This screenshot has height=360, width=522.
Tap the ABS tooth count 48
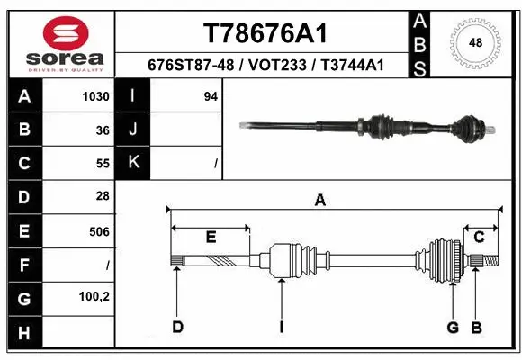coord(476,41)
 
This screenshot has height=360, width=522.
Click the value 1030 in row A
coord(96,96)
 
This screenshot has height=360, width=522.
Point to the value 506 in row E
coord(100,231)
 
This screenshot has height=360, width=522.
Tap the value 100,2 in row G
coord(94,297)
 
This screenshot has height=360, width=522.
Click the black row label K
coord(133,164)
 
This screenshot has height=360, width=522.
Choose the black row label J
coord(133,130)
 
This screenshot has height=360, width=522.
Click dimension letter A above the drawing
coord(319,201)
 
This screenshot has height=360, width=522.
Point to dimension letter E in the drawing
coord(211,238)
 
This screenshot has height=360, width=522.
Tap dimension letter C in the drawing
coord(480,238)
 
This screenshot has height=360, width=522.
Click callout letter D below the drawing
coord(178,327)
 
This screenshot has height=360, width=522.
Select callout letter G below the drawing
coord(453,327)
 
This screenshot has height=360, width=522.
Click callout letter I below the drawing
coord(281,327)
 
